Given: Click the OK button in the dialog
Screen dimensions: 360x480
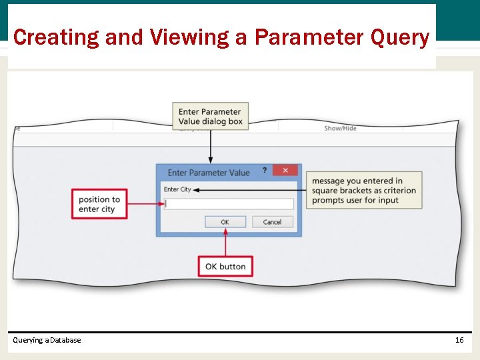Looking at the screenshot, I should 225,222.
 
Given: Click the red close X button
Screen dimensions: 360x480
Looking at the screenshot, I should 285,171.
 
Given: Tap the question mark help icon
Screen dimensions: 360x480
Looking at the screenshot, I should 265,171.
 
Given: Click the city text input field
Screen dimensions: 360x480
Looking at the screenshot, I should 229,204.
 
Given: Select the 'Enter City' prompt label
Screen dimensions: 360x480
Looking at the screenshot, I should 177,189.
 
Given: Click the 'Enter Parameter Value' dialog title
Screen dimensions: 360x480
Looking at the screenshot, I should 209,173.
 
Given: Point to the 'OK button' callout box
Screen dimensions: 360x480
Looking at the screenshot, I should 225,267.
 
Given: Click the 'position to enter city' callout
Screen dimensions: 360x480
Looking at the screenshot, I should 99,205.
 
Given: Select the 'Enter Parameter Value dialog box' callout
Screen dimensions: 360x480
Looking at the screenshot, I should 211,117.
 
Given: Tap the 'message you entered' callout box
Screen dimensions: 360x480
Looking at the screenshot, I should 364,190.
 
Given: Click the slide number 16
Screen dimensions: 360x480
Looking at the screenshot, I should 459,340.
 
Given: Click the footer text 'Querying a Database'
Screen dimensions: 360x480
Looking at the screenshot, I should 47,340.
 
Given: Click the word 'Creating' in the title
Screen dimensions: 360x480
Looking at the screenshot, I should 56,37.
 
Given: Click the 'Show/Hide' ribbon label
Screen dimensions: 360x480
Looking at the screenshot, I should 340,128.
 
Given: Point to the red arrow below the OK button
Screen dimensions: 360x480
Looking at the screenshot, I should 225,243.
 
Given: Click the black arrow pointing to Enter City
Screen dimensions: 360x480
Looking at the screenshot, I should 250,190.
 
